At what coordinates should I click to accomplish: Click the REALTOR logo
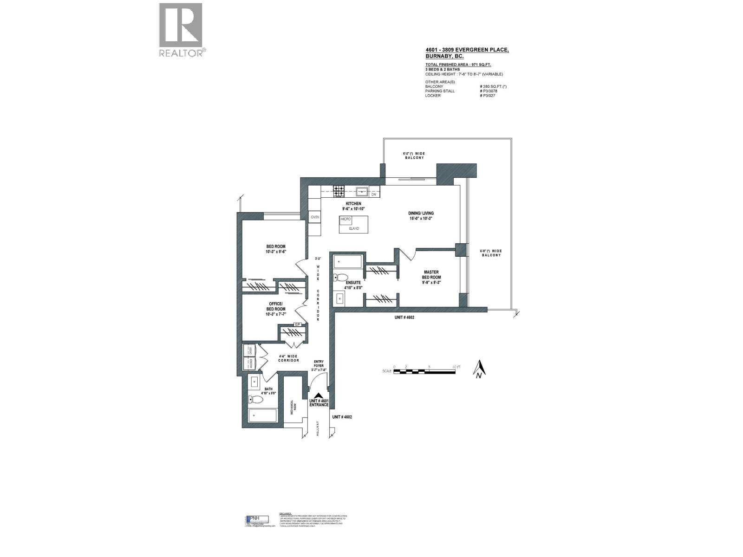181,30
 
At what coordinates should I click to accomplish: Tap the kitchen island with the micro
353,224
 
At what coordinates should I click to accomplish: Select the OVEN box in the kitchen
315,217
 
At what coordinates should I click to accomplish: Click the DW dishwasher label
373,194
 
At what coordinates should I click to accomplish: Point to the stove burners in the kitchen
338,190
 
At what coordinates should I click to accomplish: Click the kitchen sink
362,191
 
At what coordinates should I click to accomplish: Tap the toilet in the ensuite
340,278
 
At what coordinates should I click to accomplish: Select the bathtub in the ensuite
347,262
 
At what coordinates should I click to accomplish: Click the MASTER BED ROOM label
431,277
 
